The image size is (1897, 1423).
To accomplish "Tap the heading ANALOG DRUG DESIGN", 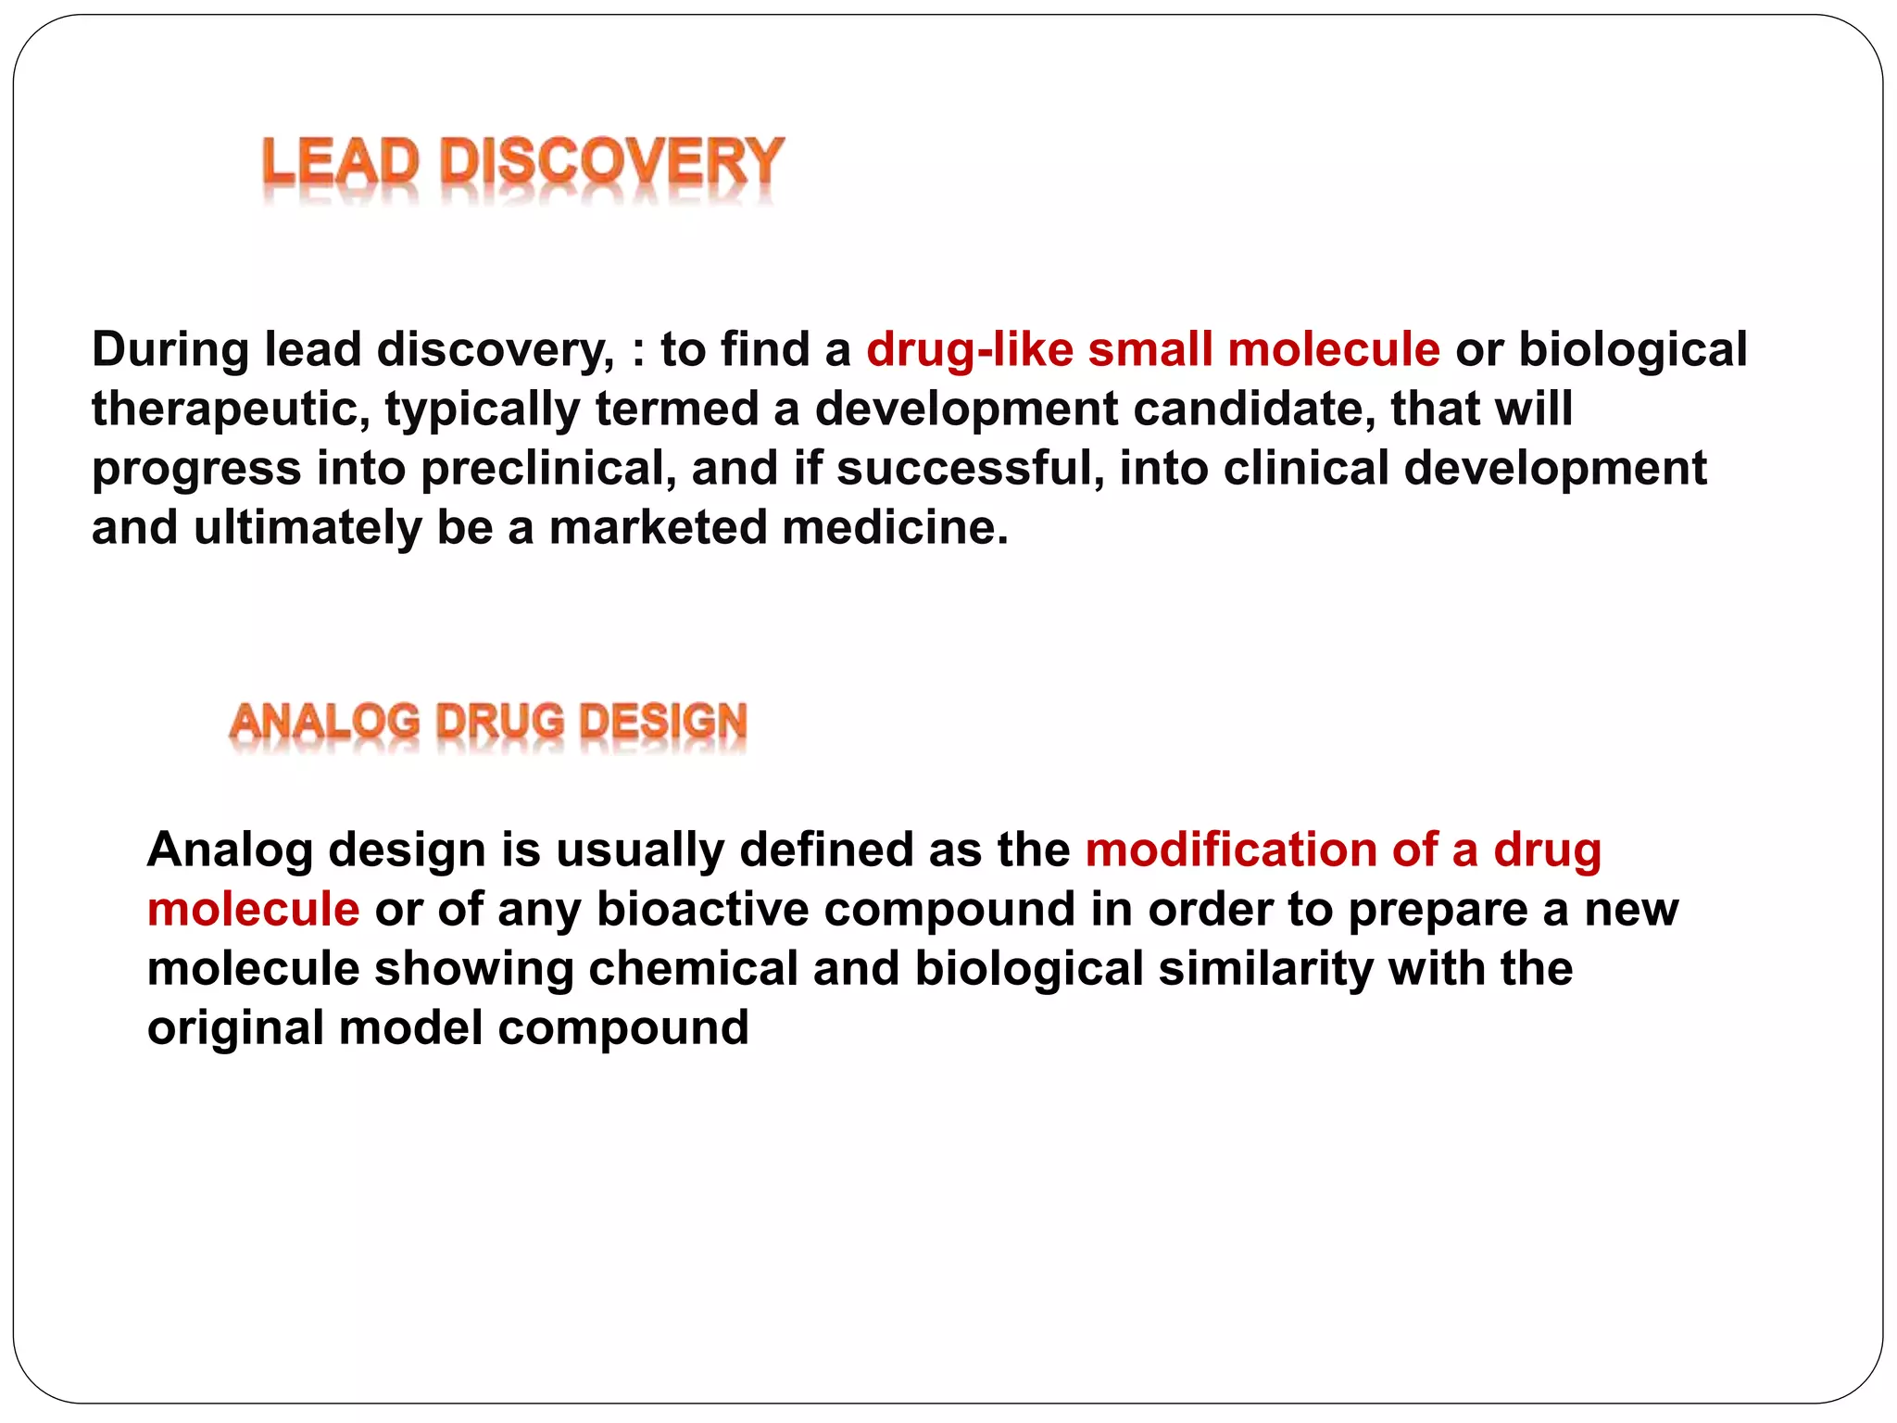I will (488, 723).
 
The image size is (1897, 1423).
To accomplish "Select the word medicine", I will (895, 528).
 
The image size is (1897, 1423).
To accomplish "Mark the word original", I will (235, 1028).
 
